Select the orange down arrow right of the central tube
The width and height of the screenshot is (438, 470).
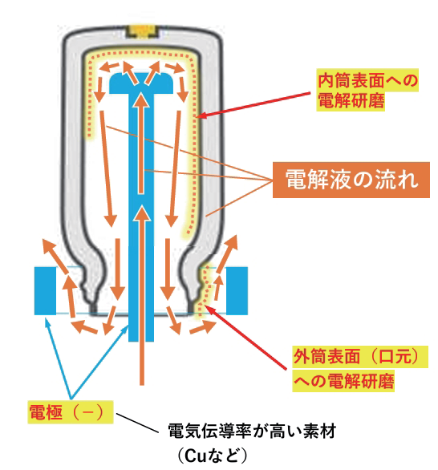pyautogui.click(x=171, y=184)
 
